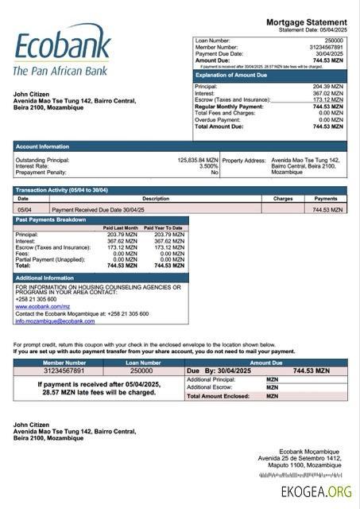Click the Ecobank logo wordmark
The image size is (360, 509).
[x=61, y=47]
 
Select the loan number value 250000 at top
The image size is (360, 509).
[x=334, y=40]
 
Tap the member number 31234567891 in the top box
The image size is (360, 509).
[x=327, y=47]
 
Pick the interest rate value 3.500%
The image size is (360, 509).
[x=208, y=166]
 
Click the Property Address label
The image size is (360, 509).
[x=244, y=160]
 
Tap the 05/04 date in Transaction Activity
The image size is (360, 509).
[x=25, y=209]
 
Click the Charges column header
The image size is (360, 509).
[x=283, y=199]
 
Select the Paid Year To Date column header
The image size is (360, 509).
[x=163, y=228]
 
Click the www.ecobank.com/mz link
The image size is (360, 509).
[x=44, y=306]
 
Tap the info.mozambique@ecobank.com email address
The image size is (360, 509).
[x=55, y=321]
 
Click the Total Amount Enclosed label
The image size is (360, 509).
[x=215, y=395]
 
